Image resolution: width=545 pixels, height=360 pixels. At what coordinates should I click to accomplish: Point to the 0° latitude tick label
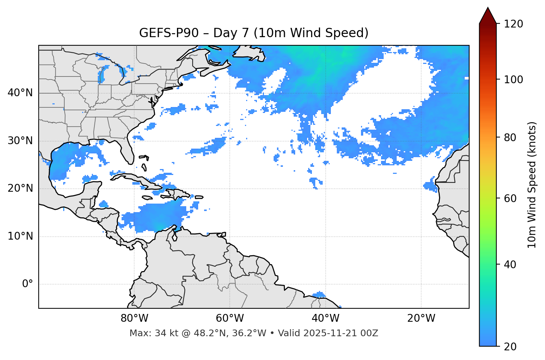[x=28, y=284]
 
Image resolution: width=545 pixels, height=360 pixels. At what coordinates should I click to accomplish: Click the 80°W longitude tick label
[x=134, y=318]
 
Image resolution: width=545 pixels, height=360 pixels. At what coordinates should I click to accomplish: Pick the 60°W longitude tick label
[x=230, y=318]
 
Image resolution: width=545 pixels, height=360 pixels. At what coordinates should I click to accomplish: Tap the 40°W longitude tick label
[x=325, y=318]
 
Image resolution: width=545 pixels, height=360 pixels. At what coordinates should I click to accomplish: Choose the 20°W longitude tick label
[x=421, y=318]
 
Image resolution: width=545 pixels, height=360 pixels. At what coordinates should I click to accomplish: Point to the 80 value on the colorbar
[x=511, y=137]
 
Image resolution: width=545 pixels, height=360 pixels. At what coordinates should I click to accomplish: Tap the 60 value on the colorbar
[x=511, y=198]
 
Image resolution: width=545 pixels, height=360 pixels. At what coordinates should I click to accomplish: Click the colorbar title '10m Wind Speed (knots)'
[x=532, y=185]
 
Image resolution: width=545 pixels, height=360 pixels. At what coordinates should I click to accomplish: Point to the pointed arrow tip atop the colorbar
[x=488, y=8]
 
